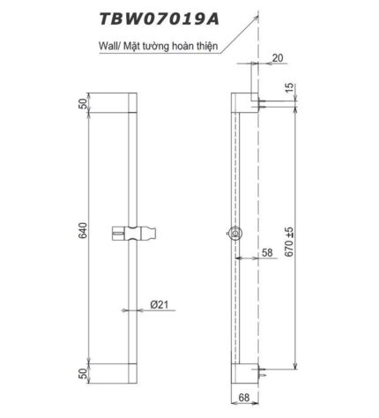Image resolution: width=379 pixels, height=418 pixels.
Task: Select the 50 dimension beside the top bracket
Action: (x=83, y=105)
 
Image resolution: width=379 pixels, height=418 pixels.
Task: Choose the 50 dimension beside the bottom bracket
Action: (x=83, y=374)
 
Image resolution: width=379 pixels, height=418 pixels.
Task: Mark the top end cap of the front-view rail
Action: (x=130, y=105)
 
